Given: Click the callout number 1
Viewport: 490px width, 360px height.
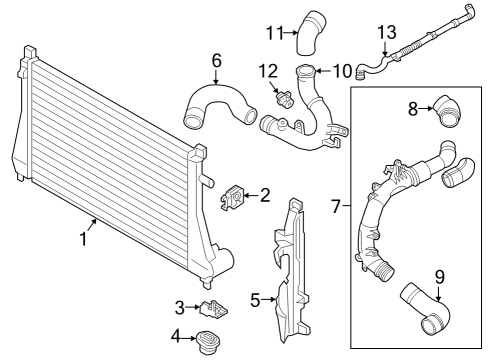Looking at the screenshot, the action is pyautogui.click(x=84, y=239).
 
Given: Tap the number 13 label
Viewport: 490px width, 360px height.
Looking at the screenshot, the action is pyautogui.click(x=387, y=32).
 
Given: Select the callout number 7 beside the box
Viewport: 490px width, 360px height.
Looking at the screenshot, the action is pyautogui.click(x=337, y=206).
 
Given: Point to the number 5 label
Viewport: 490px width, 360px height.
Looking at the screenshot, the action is pyautogui.click(x=255, y=300).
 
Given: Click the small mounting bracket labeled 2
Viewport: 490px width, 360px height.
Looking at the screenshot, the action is pyautogui.click(x=233, y=197).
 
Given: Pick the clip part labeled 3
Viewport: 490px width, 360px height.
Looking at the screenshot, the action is pyautogui.click(x=213, y=309).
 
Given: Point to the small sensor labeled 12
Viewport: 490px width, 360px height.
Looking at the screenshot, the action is pyautogui.click(x=284, y=100).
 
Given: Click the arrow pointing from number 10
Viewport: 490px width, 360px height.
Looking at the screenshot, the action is pyautogui.click(x=323, y=71).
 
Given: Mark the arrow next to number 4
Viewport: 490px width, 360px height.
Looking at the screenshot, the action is pyautogui.click(x=189, y=338).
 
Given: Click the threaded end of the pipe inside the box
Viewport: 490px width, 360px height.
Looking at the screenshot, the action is pyautogui.click(x=384, y=270).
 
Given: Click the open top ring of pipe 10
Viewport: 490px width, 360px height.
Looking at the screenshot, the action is pyautogui.click(x=305, y=71).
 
